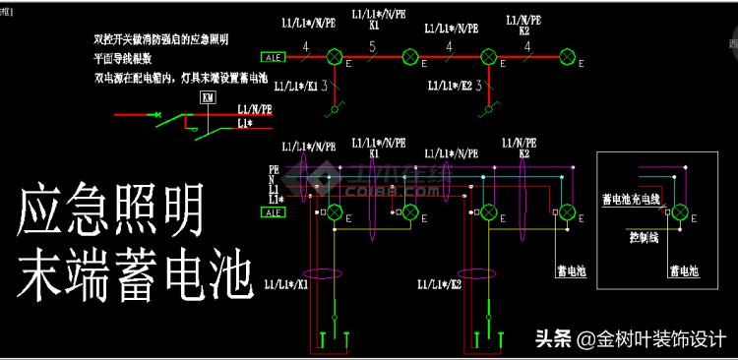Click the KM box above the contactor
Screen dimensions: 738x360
(x=207, y=97)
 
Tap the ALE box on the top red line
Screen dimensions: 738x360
(x=273, y=58)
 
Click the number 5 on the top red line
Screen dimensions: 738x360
(x=372, y=46)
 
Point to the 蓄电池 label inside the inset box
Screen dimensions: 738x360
(x=684, y=270)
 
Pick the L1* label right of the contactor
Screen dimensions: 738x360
(x=246, y=125)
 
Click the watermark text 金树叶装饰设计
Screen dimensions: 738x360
(x=662, y=337)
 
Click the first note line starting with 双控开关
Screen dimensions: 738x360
(x=161, y=40)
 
